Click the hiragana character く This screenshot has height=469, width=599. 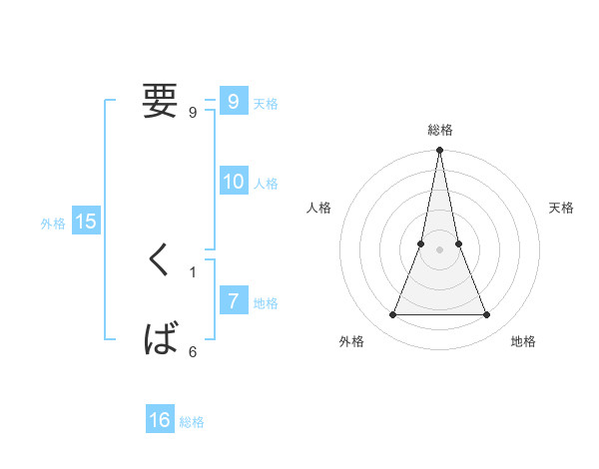[160, 260]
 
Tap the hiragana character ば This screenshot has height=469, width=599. [161, 339]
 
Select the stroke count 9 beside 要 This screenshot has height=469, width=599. [193, 113]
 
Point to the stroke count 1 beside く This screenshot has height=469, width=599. [193, 271]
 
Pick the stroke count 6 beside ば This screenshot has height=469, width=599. [193, 351]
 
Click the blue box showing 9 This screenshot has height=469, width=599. [233, 101]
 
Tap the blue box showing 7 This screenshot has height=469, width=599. [233, 300]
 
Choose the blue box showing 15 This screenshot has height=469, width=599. [86, 222]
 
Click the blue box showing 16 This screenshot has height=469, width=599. [160, 420]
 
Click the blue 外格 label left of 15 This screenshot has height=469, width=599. [53, 224]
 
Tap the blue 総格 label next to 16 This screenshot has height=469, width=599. [193, 422]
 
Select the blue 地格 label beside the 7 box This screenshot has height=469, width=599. [266, 303]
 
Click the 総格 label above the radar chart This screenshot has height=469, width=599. [439, 131]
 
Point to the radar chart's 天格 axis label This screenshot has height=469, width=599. [561, 208]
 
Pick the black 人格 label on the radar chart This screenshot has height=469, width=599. [318, 208]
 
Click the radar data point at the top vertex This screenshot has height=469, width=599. [439, 151]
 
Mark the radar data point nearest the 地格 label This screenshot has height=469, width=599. [486, 315]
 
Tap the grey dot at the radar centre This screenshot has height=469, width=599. [439, 249]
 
